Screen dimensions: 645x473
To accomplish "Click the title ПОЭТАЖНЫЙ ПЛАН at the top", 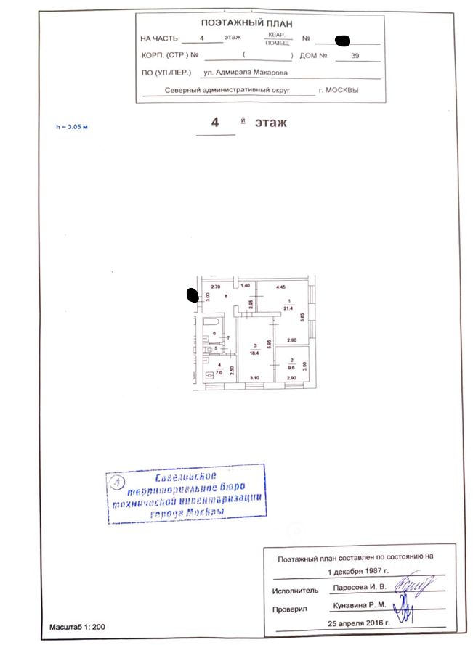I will point(259,24).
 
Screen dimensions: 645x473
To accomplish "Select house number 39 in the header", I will point(355,55).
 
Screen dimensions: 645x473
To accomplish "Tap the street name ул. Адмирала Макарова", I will point(246,73).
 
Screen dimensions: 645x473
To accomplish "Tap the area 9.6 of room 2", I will point(291,366).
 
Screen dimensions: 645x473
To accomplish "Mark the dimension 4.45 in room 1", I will point(280,287).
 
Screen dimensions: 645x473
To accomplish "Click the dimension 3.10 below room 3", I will point(254,378).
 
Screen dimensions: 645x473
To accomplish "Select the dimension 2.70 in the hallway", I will point(215,287).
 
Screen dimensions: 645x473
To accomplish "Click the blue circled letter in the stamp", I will point(116,482).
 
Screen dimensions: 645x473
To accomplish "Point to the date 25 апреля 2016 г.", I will point(360,623).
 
